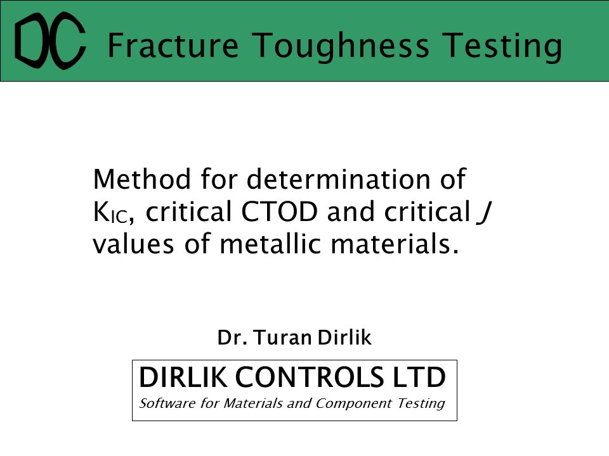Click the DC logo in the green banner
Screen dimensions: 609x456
49,41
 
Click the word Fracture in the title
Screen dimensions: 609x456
173,46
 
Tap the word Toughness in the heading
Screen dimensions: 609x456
341,46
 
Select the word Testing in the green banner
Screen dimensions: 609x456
502,46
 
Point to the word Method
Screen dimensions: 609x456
141,179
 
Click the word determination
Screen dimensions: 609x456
338,179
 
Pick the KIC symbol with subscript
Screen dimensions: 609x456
110,213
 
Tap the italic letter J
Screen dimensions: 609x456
484,213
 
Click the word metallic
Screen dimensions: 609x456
270,244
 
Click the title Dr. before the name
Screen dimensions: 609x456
232,338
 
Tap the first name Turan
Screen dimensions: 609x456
283,338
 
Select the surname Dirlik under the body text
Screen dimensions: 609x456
344,338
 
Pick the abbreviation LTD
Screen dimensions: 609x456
419,377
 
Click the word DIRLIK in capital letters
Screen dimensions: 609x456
183,377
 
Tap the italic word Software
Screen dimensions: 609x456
167,403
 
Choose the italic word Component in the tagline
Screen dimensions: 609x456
353,404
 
